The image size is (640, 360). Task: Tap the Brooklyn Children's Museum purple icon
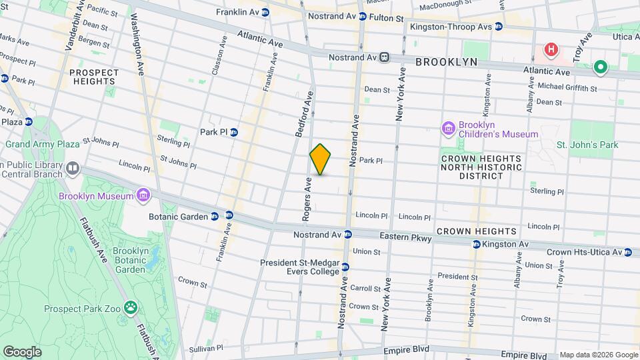click(x=448, y=127)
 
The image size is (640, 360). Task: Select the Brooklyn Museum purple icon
click(x=143, y=194)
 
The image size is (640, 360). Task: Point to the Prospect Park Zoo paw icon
click(x=131, y=308)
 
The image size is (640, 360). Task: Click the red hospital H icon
click(x=551, y=49)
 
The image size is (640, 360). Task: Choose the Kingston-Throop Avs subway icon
click(x=498, y=27)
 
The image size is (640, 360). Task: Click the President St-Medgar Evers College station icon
click(x=345, y=267)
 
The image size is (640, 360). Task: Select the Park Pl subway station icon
click(x=234, y=131)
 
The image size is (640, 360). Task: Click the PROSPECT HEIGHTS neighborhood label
click(x=94, y=77)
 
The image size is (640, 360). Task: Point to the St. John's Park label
click(x=587, y=145)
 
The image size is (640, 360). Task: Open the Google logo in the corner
click(x=21, y=352)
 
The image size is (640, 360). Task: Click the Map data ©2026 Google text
click(x=598, y=355)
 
